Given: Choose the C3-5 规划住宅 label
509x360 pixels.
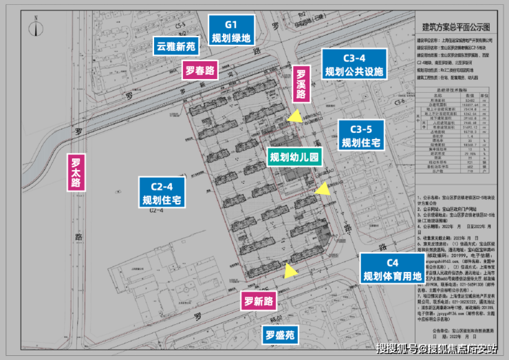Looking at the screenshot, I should click(x=361, y=136).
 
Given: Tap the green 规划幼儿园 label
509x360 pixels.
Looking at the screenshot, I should click(x=294, y=158).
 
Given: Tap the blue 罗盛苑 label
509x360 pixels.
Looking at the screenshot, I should click(x=281, y=336).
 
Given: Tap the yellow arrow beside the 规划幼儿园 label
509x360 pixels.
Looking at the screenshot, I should click(x=321, y=189).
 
